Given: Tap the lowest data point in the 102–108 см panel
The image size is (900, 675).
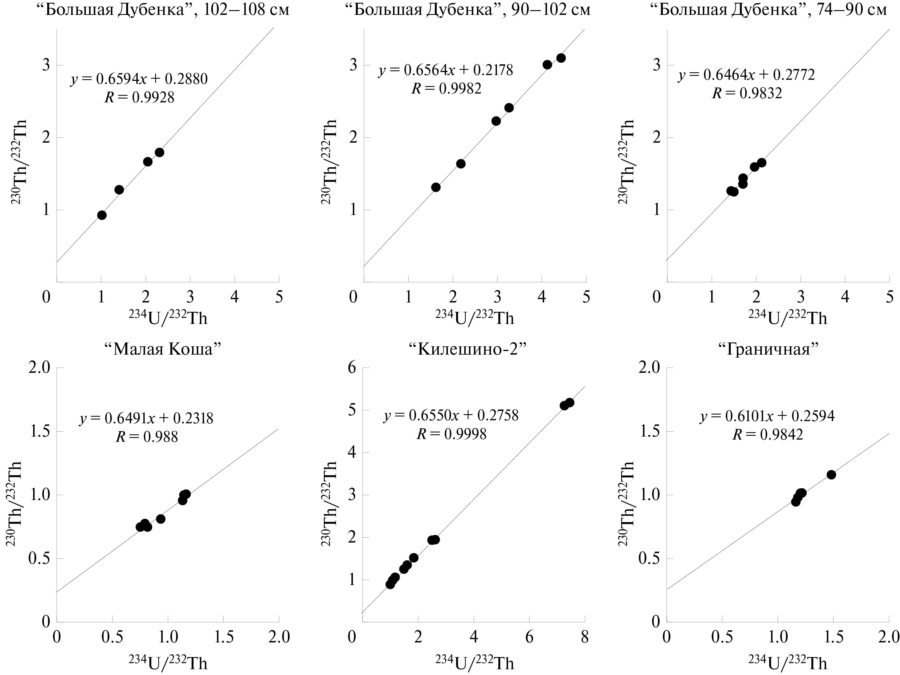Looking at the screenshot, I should pyautogui.click(x=102, y=215).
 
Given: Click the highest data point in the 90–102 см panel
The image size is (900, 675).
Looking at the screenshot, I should pyautogui.click(x=561, y=58).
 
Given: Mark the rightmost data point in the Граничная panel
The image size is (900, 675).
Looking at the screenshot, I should pyautogui.click(x=831, y=475).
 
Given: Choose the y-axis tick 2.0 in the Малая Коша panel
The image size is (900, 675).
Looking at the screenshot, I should pyautogui.click(x=40, y=368).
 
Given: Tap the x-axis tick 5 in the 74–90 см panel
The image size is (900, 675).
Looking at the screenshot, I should pyautogui.click(x=890, y=297).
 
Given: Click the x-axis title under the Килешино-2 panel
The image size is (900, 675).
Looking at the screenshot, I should pyautogui.click(x=474, y=663).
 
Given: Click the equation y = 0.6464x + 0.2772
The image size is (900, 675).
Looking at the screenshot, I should pyautogui.click(x=746, y=75).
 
